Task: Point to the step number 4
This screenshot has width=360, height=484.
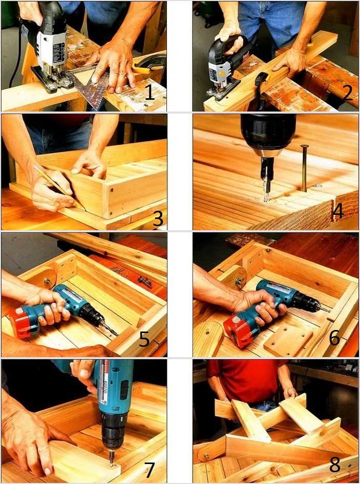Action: point(337,211)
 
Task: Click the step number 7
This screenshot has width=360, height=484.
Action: point(149,470)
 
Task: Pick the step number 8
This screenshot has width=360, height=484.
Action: point(335,464)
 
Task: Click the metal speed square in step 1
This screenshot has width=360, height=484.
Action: point(90,84)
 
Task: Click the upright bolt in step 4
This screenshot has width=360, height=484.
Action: point(304,168)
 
